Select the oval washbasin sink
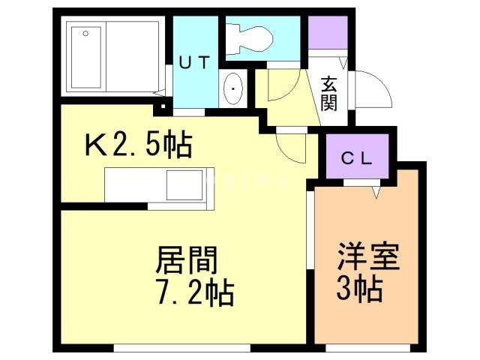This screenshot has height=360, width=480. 234,90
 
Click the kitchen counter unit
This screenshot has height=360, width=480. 158,185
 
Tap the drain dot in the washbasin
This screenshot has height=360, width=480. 234,89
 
